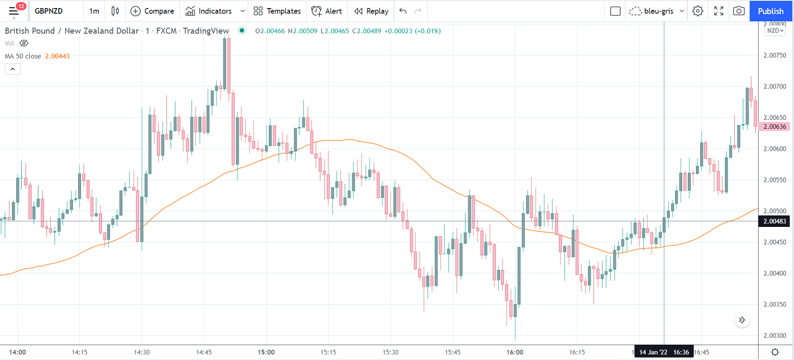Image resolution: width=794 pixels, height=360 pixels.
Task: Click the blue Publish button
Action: pos(770,11)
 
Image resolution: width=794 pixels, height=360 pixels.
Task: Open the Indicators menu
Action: pos(208,11)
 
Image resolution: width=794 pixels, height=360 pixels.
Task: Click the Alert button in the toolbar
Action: pos(327,11)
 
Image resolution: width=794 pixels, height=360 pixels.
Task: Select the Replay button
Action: pos(371,11)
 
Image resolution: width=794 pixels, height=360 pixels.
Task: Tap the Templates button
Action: pos(277,11)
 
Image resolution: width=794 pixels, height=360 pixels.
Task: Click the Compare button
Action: pos(152,11)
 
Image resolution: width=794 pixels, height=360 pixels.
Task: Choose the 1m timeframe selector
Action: pos(94,11)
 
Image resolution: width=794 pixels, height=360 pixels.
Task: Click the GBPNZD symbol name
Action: pos(49,11)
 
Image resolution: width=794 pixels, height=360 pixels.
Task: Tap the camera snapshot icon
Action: pos(739,11)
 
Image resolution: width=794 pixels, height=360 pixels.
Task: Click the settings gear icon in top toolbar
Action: pos(697,11)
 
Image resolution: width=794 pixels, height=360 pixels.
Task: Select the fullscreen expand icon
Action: pos(719,11)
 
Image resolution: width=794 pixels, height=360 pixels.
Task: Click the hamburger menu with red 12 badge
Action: pos(14,11)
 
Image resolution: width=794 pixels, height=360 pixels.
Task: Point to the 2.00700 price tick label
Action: pos(775,87)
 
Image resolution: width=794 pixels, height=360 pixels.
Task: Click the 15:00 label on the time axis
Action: pos(266,352)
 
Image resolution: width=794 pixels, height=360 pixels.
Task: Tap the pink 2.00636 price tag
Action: pos(775,126)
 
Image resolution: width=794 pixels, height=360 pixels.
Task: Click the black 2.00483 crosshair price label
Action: pos(775,221)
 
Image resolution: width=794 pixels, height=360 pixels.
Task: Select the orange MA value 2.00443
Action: pos(57,56)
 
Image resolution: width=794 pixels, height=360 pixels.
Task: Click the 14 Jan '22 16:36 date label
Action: pos(664,352)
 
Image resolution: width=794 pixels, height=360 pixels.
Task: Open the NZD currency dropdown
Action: pos(775,31)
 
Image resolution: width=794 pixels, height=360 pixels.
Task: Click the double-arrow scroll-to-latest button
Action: pos(742,320)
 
